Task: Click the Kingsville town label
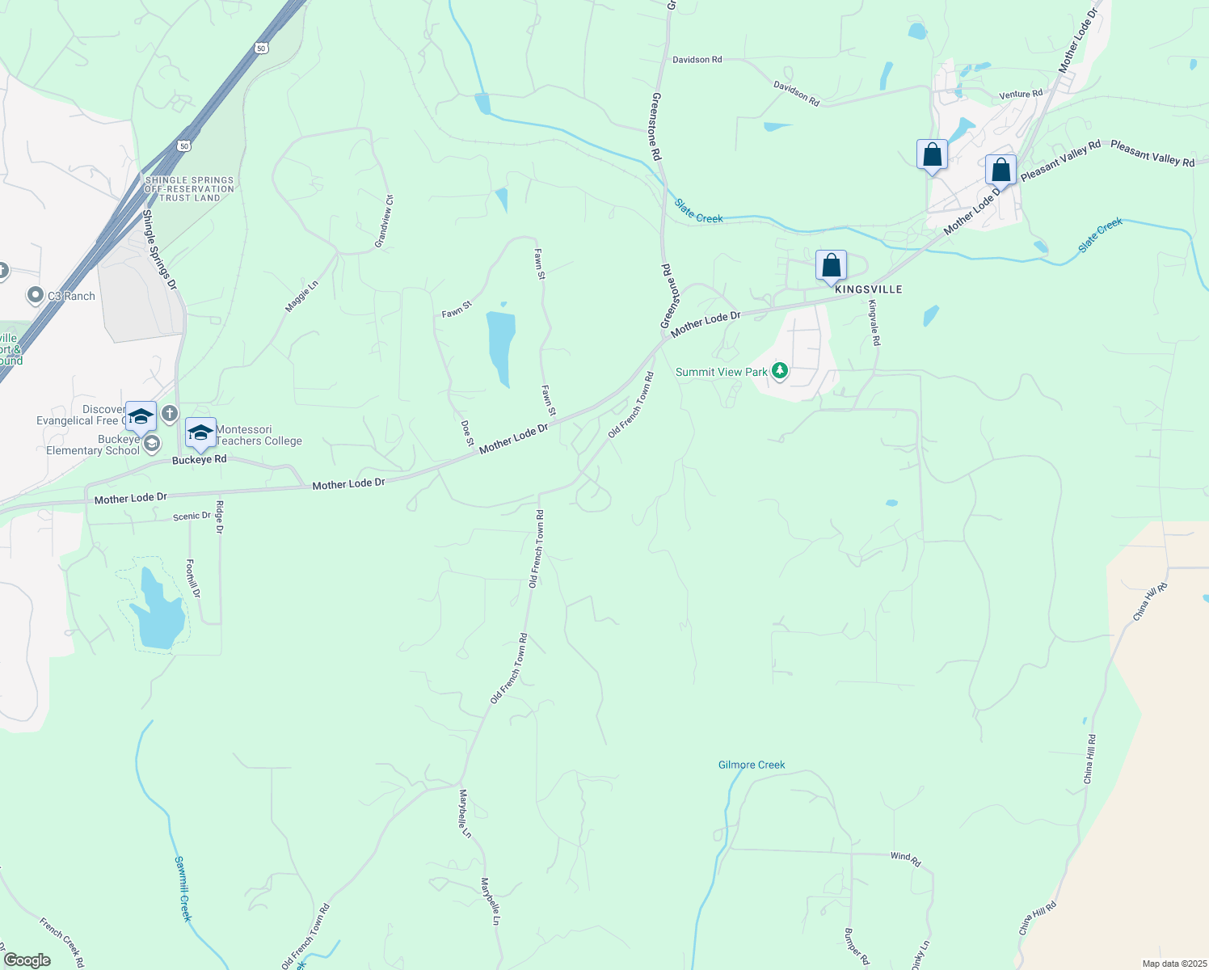pos(868,289)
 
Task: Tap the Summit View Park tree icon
pos(779,371)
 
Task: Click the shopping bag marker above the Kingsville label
pos(831,266)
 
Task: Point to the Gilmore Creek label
pos(752,765)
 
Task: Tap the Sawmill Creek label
pos(183,888)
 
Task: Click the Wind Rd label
pos(905,859)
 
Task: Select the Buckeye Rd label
pos(200,459)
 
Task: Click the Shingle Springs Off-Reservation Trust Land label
pos(189,189)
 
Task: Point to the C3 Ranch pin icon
pos(35,296)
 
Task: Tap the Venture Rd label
pos(1021,95)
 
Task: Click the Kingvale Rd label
pos(874,323)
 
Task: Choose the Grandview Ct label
pos(384,221)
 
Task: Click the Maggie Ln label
pos(301,296)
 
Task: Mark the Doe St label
pos(467,432)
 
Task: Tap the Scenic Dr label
pos(192,516)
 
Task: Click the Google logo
pos(27,960)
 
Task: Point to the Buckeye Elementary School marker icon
pos(150,444)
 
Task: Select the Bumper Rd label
pos(856,946)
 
